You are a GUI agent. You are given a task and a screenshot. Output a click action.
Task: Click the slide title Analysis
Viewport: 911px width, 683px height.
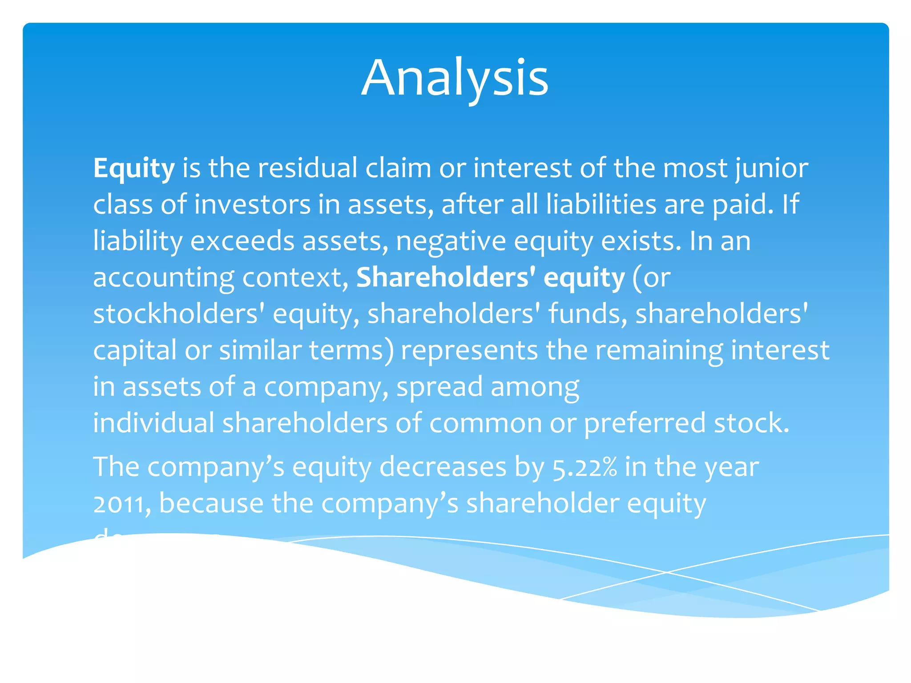click(x=455, y=78)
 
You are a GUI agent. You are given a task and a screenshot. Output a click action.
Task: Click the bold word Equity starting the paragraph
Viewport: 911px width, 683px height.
click(x=133, y=169)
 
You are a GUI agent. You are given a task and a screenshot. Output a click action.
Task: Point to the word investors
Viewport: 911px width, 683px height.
click(x=252, y=205)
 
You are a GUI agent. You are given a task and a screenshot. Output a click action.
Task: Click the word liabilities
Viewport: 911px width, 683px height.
click(x=601, y=205)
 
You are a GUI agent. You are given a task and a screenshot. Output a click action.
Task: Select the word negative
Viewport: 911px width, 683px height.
click(x=451, y=241)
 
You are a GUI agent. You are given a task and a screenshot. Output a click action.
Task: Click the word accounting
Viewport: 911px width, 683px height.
click(x=163, y=278)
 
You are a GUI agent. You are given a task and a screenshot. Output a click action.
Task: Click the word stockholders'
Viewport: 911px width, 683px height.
click(x=179, y=314)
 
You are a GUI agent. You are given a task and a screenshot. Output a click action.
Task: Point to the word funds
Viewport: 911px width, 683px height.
click(x=588, y=314)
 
